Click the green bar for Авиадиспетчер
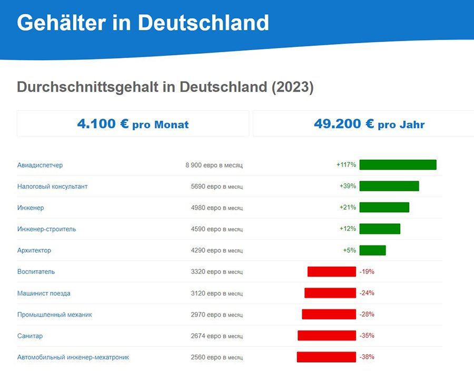click(x=398, y=165)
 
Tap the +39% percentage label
click(x=348, y=186)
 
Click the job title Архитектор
click(x=34, y=250)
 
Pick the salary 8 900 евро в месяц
click(x=214, y=165)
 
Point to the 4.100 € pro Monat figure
click(x=133, y=124)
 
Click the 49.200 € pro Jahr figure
click(x=369, y=124)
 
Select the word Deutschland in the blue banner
click(x=203, y=23)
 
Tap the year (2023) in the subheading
click(x=292, y=87)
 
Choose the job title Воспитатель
click(x=36, y=271)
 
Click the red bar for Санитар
click(x=327, y=335)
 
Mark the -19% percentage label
click(x=367, y=271)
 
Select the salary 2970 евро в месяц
click(x=216, y=315)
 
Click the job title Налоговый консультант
click(x=52, y=186)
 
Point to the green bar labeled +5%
click(x=372, y=250)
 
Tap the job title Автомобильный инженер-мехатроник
click(x=73, y=357)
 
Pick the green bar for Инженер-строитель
click(x=379, y=229)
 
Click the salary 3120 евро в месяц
click(x=216, y=293)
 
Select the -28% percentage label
click(x=367, y=314)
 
